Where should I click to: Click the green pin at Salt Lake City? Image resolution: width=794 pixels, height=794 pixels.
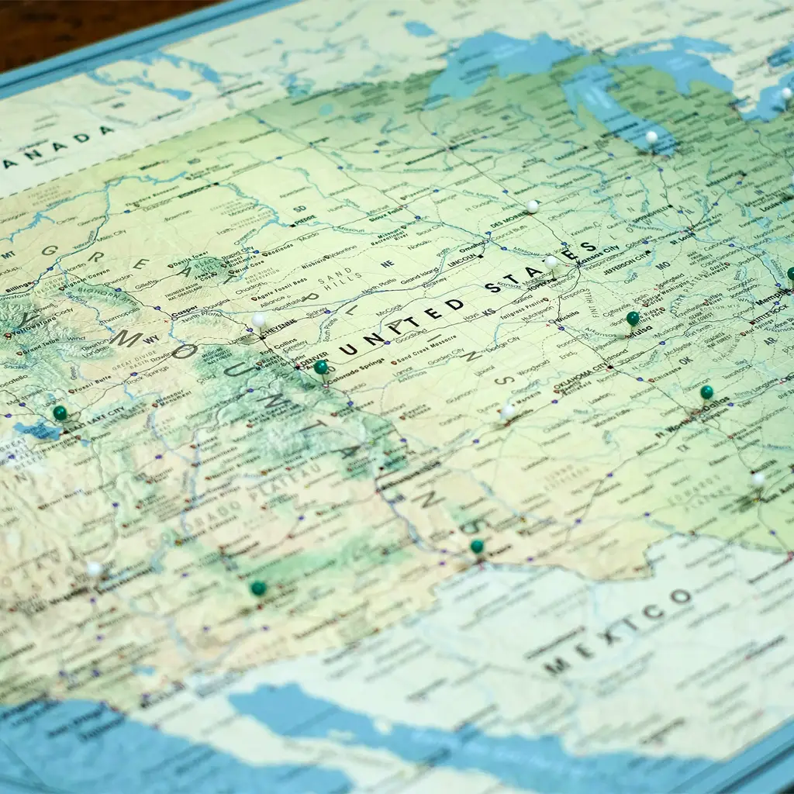[60, 413]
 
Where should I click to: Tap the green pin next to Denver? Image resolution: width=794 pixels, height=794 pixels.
[320, 367]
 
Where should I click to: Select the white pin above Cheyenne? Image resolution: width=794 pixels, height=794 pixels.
[259, 319]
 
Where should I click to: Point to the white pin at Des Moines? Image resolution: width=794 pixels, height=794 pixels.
[533, 206]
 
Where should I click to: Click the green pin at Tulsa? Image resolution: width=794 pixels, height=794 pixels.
[633, 318]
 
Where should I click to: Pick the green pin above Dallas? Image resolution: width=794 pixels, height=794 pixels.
[706, 392]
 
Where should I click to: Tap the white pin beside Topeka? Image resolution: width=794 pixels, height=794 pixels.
[551, 262]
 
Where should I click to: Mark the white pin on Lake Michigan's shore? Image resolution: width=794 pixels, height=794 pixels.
[651, 137]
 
